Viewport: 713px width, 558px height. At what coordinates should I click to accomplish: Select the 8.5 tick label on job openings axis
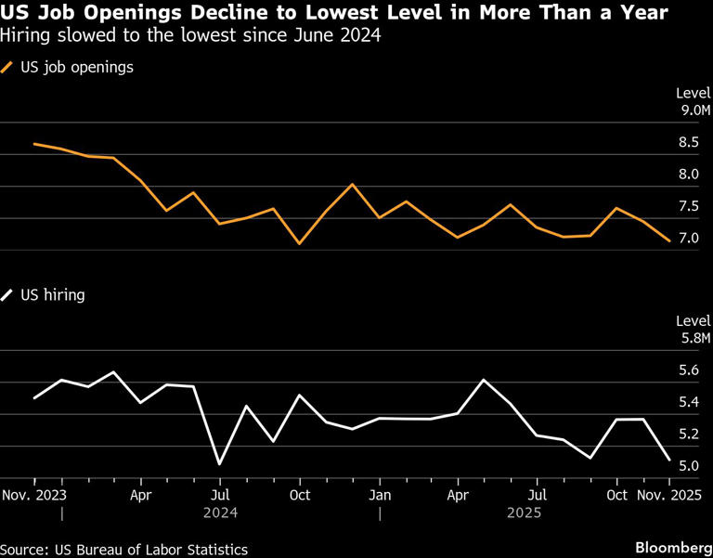[689, 143]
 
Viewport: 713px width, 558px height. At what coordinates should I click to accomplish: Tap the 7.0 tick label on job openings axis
[689, 239]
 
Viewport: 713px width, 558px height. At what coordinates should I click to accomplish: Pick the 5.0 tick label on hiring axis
[689, 466]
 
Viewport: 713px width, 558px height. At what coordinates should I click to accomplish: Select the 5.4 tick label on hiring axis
[689, 403]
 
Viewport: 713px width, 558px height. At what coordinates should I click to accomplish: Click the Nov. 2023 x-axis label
[33, 496]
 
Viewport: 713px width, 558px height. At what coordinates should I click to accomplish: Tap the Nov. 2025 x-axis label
[668, 496]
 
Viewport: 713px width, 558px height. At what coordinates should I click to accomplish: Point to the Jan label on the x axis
[379, 496]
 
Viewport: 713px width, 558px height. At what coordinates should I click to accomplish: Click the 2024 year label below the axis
[219, 513]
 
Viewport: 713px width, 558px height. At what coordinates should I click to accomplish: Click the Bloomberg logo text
[668, 549]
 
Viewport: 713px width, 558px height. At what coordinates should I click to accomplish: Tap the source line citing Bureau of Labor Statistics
[124, 550]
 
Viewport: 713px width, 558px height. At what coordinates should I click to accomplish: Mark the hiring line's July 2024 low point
[219, 463]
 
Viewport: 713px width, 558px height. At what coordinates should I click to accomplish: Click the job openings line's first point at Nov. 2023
[34, 144]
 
